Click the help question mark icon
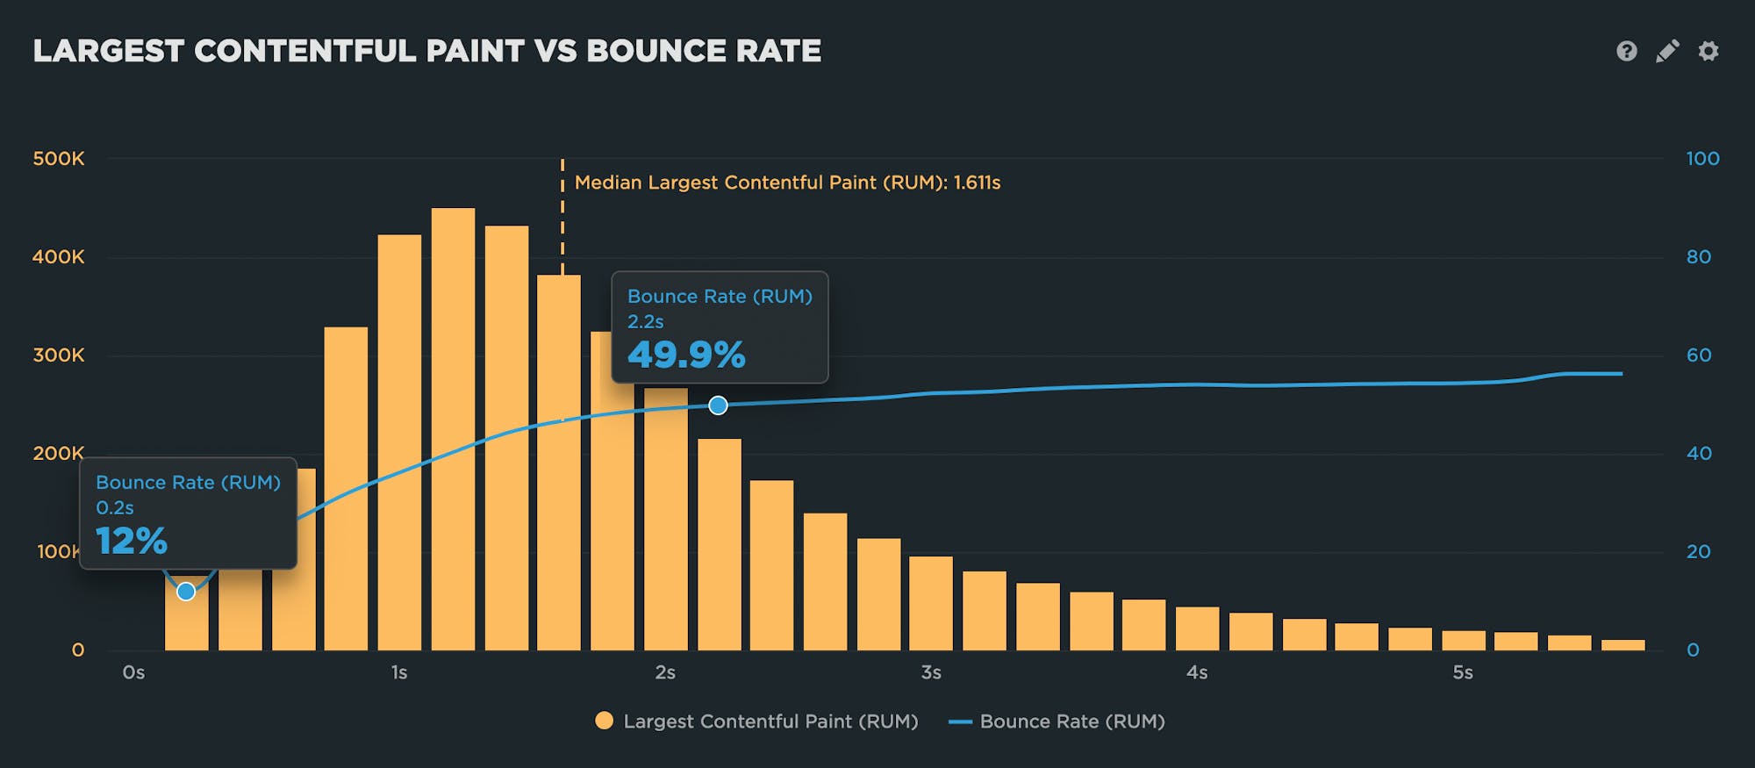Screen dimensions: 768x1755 1626,51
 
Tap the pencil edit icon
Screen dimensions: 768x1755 1667,51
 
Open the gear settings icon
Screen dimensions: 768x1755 1708,51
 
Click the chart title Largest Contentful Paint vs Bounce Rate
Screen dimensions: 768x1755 427,51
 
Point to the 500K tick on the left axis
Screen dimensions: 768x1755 59,159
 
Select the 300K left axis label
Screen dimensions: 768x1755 59,355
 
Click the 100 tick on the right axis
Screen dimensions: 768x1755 1702,159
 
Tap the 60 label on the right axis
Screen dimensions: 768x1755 1699,355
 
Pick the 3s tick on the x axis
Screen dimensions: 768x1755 931,673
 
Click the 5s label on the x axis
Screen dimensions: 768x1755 1463,673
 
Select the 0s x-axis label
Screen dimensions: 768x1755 133,673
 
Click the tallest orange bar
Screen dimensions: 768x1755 453,430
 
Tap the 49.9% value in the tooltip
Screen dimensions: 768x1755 686,355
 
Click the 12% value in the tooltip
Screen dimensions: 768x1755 132,541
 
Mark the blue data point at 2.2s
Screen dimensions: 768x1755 718,406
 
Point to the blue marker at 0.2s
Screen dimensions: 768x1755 186,592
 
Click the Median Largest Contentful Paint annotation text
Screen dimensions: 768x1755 787,183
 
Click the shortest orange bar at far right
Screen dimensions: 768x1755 1622,645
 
